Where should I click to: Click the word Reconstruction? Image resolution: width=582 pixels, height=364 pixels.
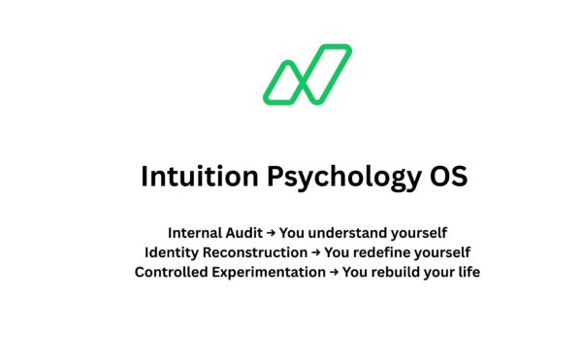coord(255,252)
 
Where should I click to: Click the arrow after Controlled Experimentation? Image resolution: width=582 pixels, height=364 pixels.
coord(334,272)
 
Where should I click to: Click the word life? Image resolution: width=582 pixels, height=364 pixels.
coord(468,272)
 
